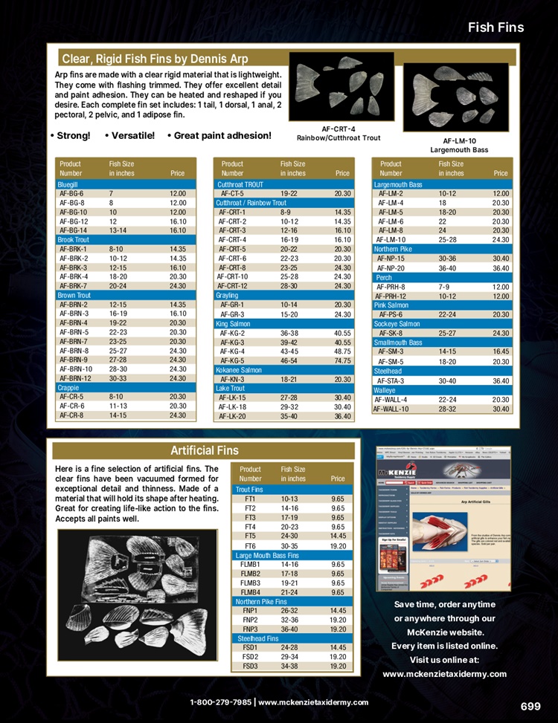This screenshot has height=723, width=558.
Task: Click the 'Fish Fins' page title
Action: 496,27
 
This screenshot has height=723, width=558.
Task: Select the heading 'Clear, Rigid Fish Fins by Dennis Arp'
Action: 155,59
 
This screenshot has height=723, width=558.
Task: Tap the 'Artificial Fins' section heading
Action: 204,450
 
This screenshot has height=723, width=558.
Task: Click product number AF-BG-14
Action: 73,230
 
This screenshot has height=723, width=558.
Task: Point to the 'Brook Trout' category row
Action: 73,240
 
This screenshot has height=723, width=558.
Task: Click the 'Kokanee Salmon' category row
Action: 239,369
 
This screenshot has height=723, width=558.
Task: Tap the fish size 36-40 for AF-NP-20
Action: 449,268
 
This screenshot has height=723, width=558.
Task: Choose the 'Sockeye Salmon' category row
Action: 398,324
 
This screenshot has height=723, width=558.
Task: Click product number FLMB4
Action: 251,592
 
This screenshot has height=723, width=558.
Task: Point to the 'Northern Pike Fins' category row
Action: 263,602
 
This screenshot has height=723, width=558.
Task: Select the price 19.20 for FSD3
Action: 338,666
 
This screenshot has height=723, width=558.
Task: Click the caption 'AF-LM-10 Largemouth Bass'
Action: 459,145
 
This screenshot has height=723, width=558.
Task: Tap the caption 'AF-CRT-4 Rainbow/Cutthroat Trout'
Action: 339,133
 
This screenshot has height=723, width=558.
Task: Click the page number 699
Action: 530,706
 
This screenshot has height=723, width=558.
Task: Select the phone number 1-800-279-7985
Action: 220,702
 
